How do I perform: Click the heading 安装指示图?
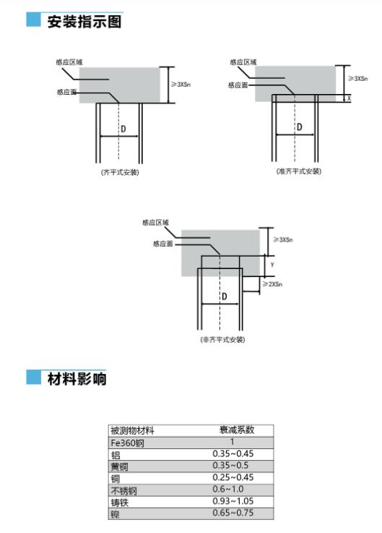(84, 22)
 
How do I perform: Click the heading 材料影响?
(77, 379)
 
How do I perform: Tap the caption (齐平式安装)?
(120, 172)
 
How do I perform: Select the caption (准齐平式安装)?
(299, 171)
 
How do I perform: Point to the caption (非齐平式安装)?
(222, 340)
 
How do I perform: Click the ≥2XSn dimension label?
(273, 283)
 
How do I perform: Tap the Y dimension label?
(272, 265)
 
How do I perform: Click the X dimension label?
(349, 98)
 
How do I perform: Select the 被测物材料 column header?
(132, 431)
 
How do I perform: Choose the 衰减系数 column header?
(237, 430)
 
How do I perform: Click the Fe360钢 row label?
(127, 443)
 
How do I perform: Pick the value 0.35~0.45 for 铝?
(233, 453)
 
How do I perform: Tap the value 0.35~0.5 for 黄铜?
(230, 465)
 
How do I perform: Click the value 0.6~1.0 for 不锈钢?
(228, 489)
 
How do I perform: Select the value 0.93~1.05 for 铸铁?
(233, 501)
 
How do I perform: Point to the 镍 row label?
(115, 514)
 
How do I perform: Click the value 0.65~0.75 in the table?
(233, 513)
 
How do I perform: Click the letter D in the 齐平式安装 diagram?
(123, 129)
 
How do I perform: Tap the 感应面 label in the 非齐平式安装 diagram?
(163, 244)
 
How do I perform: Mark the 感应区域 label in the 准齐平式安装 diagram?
(243, 62)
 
